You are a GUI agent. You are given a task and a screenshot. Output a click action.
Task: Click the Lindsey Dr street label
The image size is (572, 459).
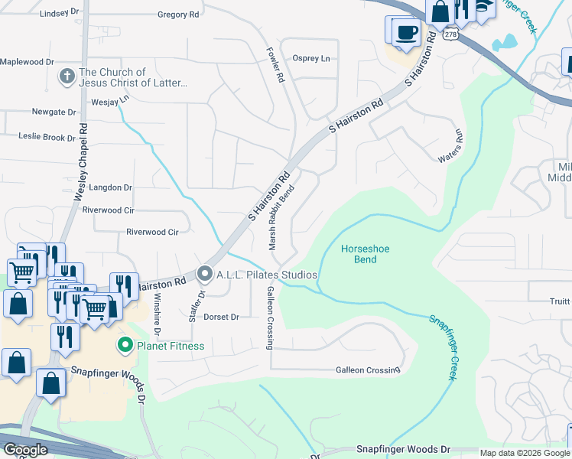click(59, 13)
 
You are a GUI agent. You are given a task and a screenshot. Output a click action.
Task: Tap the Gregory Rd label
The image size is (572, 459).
click(177, 15)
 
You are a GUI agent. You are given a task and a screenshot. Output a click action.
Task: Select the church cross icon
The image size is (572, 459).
click(67, 76)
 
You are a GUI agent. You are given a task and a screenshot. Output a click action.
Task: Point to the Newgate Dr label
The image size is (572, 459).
click(54, 112)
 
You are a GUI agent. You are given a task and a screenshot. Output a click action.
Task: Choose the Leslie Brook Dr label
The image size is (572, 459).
click(47, 137)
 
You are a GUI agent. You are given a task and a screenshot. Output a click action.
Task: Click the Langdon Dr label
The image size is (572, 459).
click(111, 187)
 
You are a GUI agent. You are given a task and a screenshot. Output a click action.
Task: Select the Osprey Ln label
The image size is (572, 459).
click(311, 59)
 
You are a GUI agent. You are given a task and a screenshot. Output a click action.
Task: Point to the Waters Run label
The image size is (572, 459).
click(450, 145)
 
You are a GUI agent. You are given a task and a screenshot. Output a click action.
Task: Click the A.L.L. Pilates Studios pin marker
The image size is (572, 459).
click(205, 273)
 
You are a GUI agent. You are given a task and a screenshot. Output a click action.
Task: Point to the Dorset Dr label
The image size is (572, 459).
click(221, 317)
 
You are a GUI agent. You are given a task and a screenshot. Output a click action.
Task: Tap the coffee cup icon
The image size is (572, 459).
click(406, 32)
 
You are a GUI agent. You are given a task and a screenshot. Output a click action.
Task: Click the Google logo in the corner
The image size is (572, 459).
click(25, 450)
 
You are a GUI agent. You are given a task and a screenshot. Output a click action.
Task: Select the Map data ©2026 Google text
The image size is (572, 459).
click(524, 453)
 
